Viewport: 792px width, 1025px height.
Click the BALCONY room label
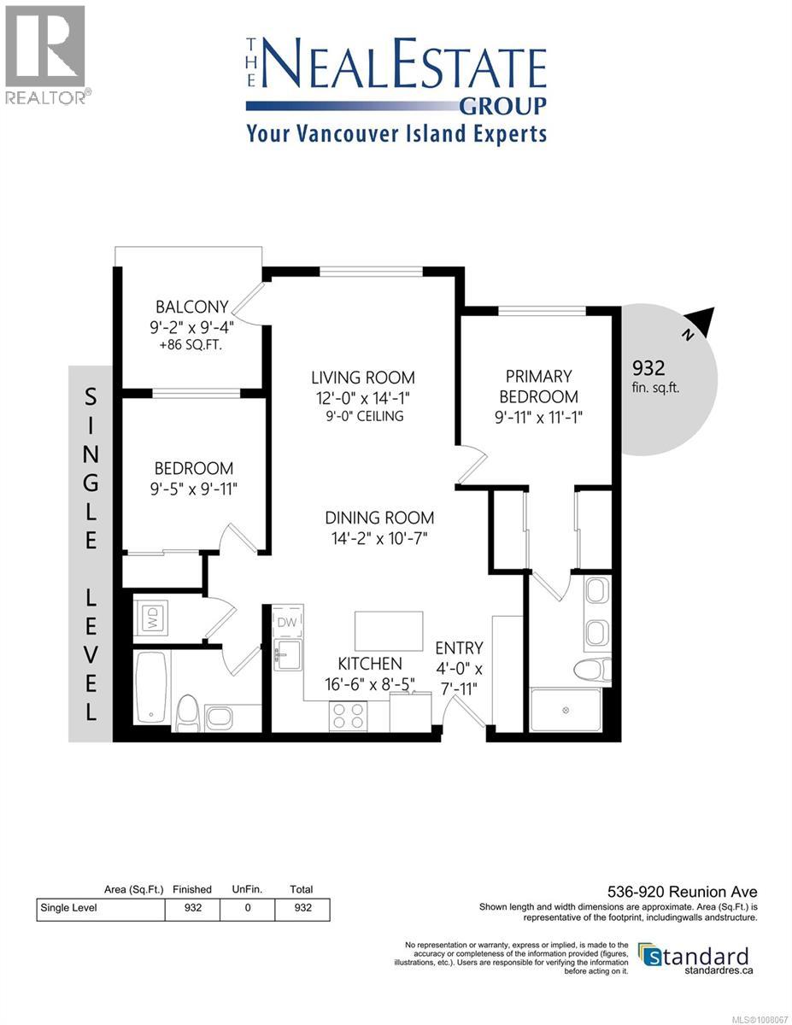pyautogui.click(x=191, y=307)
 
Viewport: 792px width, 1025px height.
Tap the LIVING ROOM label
pyautogui.click(x=362, y=377)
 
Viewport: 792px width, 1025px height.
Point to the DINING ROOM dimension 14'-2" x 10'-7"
pyautogui.click(x=378, y=538)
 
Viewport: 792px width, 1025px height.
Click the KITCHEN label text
pyautogui.click(x=369, y=664)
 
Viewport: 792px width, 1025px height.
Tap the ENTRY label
pyautogui.click(x=459, y=648)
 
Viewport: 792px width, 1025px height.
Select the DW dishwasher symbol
pyautogui.click(x=286, y=623)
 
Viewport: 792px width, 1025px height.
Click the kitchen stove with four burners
pyautogui.click(x=348, y=715)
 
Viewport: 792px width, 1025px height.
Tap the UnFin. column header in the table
pyautogui.click(x=247, y=889)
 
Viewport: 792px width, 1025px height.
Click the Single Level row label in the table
pyautogui.click(x=69, y=908)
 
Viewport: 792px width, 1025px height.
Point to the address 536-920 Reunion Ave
pyautogui.click(x=683, y=893)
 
